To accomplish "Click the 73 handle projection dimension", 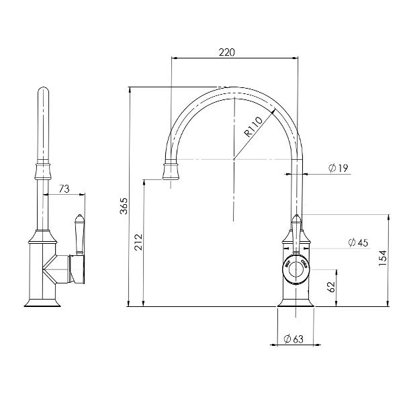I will pyautogui.click(x=64, y=189).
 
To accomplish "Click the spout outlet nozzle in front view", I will pyautogui.click(x=173, y=173).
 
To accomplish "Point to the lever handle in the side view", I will pyautogui.click(x=78, y=232).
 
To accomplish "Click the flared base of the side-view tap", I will pyautogui.click(x=44, y=302).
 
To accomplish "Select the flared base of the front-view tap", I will pyautogui.click(x=296, y=302).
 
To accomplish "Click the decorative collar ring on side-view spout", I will pyautogui.click(x=44, y=165).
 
